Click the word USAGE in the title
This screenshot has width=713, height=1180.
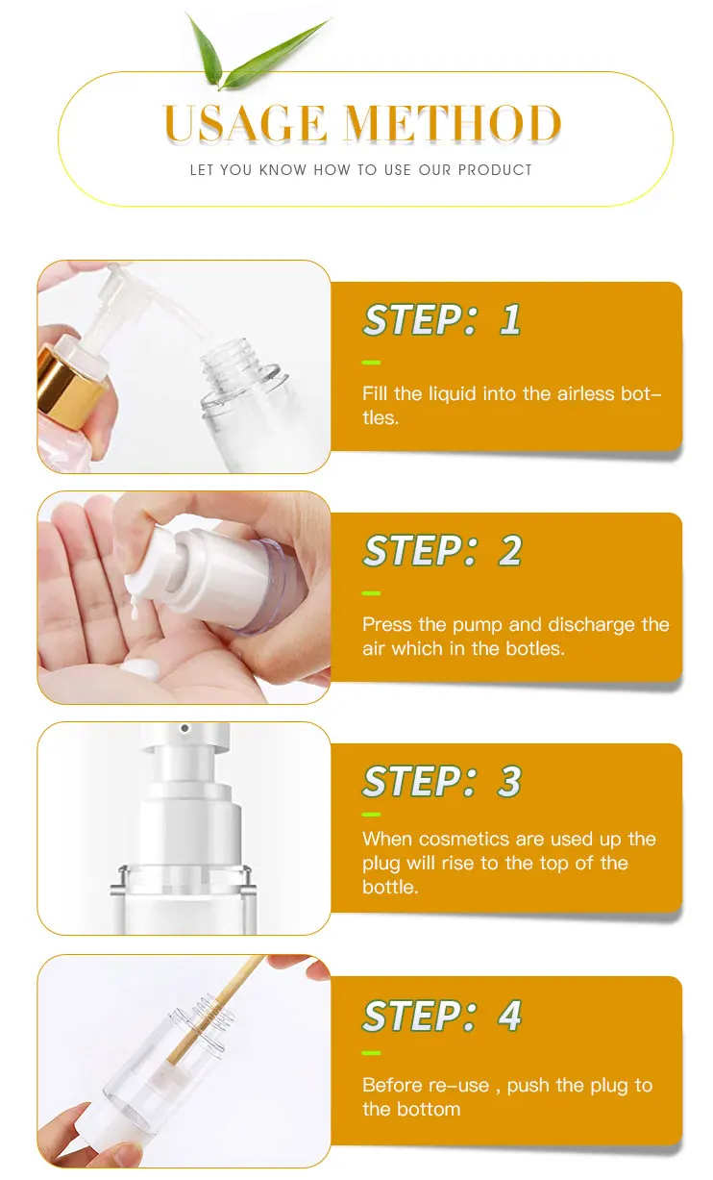[245, 123]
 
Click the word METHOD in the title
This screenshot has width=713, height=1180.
[453, 123]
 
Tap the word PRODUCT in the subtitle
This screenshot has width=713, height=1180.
[495, 169]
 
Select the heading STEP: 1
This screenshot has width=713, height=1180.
[442, 319]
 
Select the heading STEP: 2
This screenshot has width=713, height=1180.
[442, 550]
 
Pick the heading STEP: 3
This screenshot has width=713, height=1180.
[442, 781]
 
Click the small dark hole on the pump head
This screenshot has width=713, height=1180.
[184, 729]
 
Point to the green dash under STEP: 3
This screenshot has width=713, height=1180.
[371, 815]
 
